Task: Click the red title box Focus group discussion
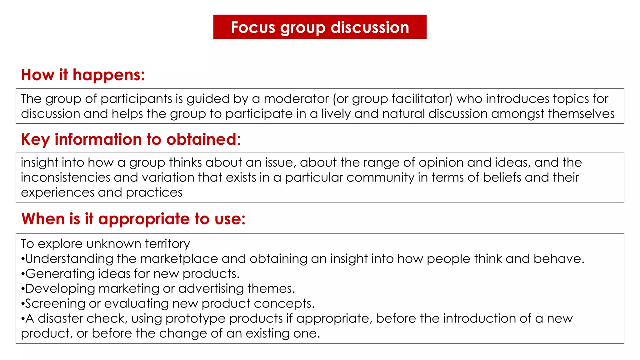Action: [320, 27]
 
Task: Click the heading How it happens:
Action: [83, 75]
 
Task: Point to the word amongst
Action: [518, 114]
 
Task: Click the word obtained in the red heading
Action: [201, 139]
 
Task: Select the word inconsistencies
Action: [66, 177]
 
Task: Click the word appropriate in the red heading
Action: [144, 219]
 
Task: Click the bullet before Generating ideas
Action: [23, 274]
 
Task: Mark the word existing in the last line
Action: [267, 333]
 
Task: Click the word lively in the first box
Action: [336, 114]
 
